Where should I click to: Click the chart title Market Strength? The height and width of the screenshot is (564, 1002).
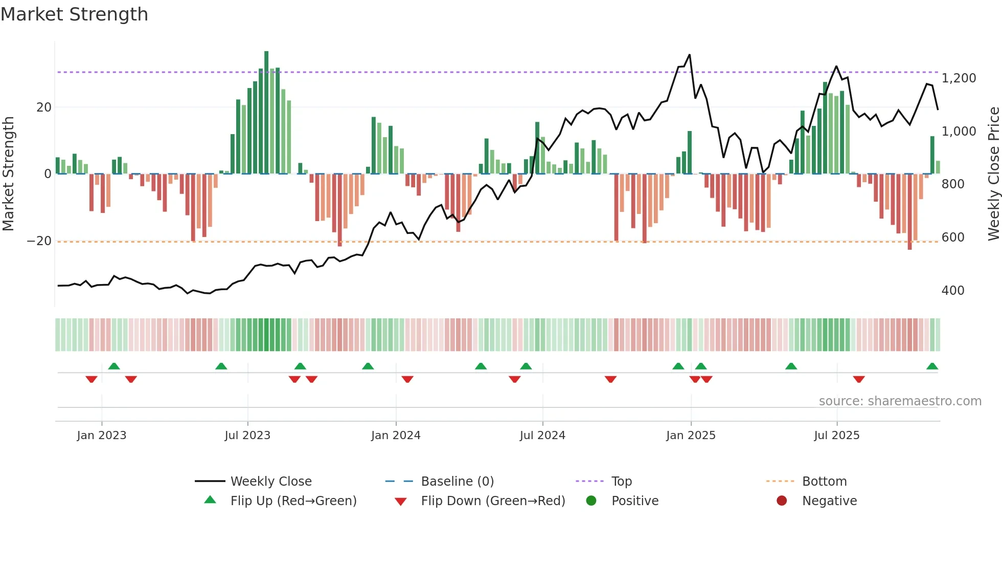(x=74, y=14)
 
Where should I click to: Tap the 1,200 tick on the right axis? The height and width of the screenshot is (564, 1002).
(x=959, y=78)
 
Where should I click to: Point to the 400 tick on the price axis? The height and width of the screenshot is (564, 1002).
(x=952, y=291)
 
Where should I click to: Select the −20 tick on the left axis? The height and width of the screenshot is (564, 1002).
(x=39, y=241)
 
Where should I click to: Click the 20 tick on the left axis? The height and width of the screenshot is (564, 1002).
(x=44, y=107)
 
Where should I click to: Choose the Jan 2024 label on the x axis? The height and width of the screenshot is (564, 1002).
(x=396, y=436)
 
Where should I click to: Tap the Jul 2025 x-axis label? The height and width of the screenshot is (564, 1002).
(x=836, y=436)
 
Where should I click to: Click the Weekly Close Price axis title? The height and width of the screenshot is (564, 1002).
(x=993, y=173)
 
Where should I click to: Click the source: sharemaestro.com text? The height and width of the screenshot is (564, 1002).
(x=900, y=401)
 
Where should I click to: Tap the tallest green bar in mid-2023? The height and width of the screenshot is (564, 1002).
(x=266, y=113)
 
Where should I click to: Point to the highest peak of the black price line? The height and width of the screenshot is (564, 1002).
(x=690, y=55)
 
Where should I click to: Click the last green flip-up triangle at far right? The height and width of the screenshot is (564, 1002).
(x=932, y=366)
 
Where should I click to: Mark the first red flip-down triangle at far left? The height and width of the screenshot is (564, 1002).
(x=92, y=379)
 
